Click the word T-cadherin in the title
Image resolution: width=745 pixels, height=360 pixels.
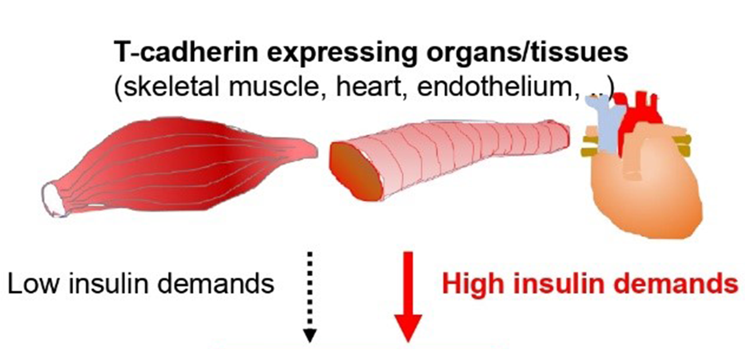pos(186,52)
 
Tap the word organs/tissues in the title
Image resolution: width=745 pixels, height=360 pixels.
pos(527,52)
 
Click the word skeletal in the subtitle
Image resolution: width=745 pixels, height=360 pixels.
pos(167,87)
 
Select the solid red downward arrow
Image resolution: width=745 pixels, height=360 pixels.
pos(408,297)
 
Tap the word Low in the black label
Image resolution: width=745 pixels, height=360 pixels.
pos(33,284)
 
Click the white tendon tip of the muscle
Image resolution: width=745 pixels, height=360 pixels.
pos(54,200)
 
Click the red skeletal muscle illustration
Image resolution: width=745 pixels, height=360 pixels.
pos(179,165)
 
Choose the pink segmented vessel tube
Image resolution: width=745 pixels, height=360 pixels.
pos(449,160)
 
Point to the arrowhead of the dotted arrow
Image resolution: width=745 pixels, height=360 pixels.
pos(309,335)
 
